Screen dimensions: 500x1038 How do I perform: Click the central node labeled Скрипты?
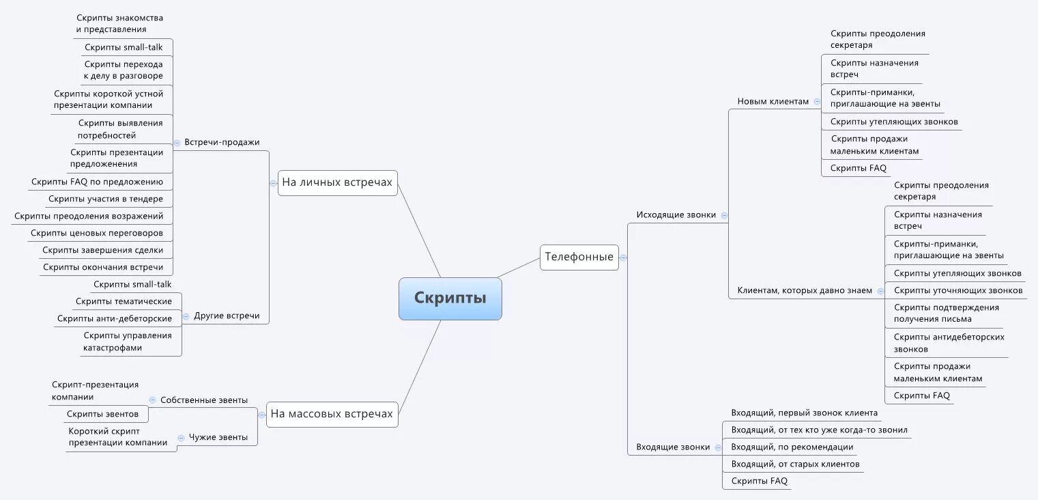[x=450, y=298]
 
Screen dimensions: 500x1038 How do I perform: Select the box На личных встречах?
[x=337, y=182]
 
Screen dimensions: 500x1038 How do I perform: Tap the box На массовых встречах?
[x=332, y=414]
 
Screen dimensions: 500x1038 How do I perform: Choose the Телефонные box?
[x=579, y=257]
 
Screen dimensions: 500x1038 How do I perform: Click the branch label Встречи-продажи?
[x=222, y=142]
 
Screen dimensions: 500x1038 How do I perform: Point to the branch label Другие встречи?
[x=227, y=316]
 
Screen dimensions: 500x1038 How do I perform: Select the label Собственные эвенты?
[x=203, y=400]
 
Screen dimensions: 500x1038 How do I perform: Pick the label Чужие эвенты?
[x=218, y=437]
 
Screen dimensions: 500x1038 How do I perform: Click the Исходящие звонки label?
[x=676, y=214]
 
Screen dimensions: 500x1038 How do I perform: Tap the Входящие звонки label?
[x=673, y=447]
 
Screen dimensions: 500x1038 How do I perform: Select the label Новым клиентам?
[x=773, y=101]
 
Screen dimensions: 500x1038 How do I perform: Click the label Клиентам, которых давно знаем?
[x=805, y=290]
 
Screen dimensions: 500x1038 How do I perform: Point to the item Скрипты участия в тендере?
[x=106, y=199]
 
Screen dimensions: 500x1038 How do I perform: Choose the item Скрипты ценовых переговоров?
[x=97, y=233]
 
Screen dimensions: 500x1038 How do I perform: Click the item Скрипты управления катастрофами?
[x=128, y=342]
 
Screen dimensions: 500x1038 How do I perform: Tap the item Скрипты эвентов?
[x=102, y=414]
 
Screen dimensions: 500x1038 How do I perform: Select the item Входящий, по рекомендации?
[x=792, y=447]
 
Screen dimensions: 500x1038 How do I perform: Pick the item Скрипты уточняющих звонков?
[x=957, y=290]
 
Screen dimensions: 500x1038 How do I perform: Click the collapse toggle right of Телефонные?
[x=623, y=258]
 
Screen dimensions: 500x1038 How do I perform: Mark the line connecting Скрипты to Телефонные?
[x=519, y=268]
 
